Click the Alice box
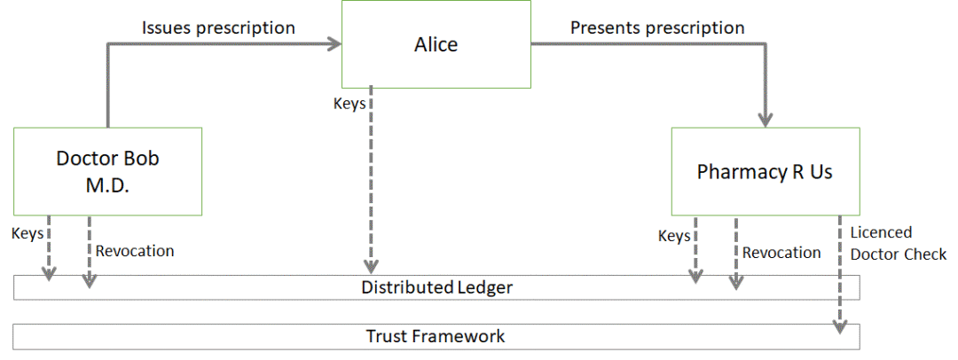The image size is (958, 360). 436,44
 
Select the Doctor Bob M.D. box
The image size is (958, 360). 107,171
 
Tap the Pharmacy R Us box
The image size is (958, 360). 765,171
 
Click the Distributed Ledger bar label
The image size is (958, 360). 436,287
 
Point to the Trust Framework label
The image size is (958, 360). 436,336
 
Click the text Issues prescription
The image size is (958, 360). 219,27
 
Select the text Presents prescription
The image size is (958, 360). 657,27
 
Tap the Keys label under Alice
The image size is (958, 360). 349,104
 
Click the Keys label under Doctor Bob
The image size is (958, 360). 27,233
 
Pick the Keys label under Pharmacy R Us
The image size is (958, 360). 674,236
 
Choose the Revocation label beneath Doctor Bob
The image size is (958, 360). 135,251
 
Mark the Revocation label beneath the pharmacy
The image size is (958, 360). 781,253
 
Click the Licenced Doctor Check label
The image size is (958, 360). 898,243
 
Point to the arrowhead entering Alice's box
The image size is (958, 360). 334,43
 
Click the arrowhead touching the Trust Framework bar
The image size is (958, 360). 840,327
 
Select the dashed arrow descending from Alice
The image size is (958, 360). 371,180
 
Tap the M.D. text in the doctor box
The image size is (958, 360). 107,186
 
